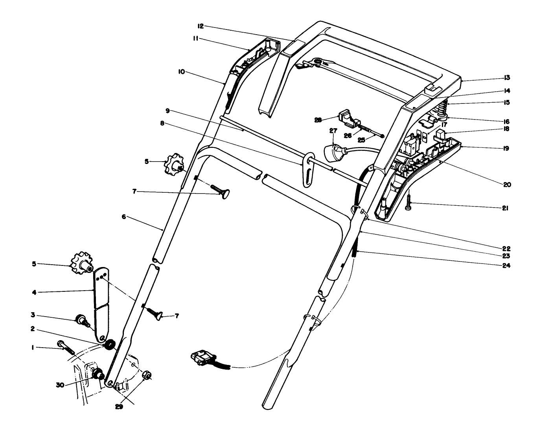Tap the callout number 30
click(x=60, y=385)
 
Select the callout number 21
click(x=505, y=208)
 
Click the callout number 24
click(x=506, y=265)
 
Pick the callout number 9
click(x=167, y=111)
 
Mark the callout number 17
click(x=444, y=125)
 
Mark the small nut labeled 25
click(x=382, y=136)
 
